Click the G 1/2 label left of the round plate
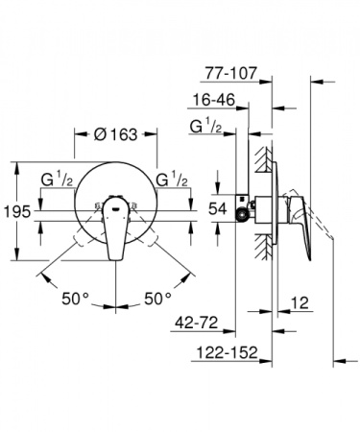pyautogui.click(x=58, y=180)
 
